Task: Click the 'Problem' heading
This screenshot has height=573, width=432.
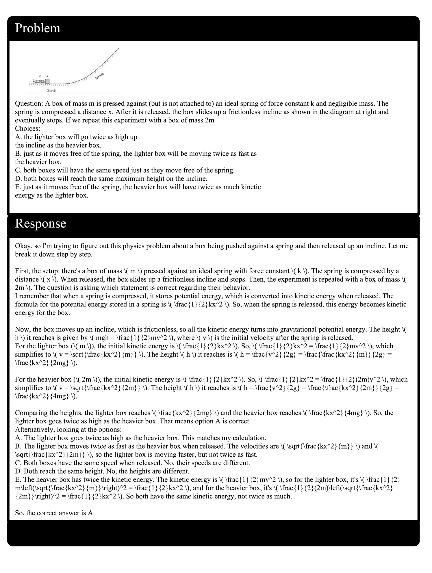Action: (38, 28)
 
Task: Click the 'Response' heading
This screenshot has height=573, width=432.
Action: (40, 224)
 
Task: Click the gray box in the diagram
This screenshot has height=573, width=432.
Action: (47, 81)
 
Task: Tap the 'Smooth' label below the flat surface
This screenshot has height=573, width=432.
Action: (52, 91)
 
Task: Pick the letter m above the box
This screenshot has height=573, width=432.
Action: (47, 76)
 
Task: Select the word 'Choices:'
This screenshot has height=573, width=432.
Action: (28, 129)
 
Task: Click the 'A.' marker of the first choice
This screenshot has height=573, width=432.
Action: (18, 137)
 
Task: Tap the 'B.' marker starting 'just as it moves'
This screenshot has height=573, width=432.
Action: (18, 154)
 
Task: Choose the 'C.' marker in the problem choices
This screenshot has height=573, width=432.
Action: (18, 170)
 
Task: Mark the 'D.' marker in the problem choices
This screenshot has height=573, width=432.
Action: (18, 179)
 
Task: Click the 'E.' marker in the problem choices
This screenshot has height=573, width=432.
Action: (18, 187)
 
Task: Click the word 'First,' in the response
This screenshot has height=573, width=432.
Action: (22, 271)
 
